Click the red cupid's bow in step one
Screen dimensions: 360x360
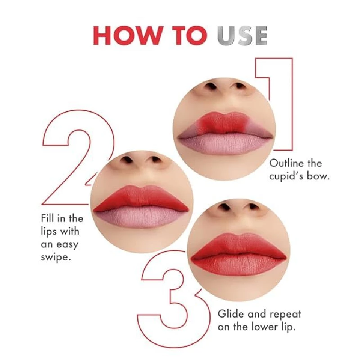[220, 121]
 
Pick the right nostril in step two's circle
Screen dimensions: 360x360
[155, 159]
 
